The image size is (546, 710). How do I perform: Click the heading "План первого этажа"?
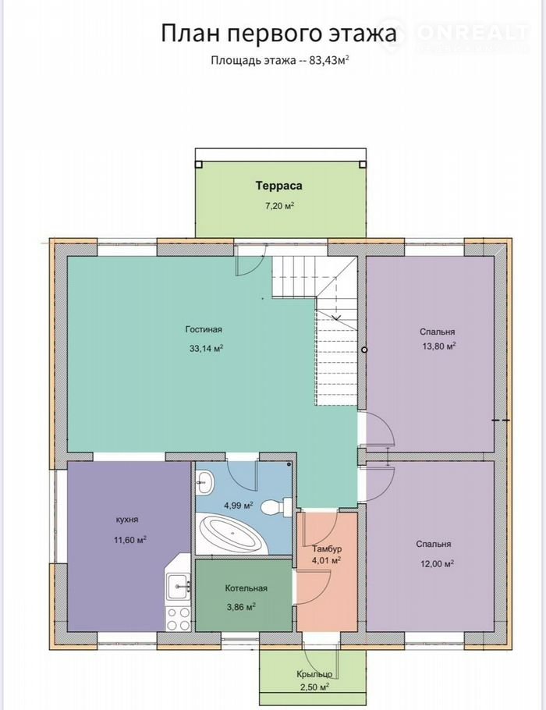[x=279, y=34]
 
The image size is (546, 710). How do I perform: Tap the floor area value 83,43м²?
[x=329, y=60]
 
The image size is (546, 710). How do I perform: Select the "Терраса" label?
[x=279, y=186]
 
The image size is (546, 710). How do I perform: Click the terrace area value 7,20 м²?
[x=280, y=206]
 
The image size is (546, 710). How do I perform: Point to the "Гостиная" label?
[x=204, y=329]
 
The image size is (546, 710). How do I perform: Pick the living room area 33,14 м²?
[x=207, y=349]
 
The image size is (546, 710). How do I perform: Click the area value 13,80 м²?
[x=438, y=346]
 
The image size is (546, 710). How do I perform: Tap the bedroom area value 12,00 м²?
[x=437, y=564]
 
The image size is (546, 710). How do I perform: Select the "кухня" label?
[x=127, y=520]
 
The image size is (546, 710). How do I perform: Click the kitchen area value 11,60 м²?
[x=130, y=540]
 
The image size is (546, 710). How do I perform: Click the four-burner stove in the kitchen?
[x=178, y=618]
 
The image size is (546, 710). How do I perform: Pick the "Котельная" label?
[x=246, y=588]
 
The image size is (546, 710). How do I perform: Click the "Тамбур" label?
[x=327, y=548]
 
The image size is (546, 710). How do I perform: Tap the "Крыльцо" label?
[x=314, y=674]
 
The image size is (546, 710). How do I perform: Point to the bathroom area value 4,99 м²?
[x=239, y=505]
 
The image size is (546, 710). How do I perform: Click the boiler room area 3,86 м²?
[x=241, y=607]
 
